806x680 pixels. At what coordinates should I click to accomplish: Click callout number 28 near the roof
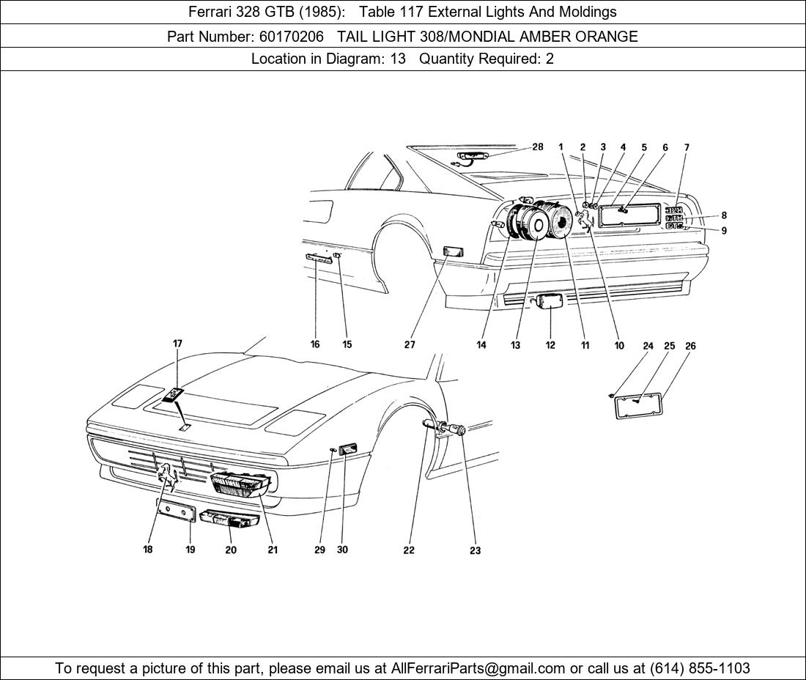coord(538,147)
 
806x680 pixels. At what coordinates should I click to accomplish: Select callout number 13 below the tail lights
coord(516,345)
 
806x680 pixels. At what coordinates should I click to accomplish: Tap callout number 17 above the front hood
coord(177,343)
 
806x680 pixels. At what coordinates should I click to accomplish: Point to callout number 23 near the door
coord(475,550)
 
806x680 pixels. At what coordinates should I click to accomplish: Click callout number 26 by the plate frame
coord(690,346)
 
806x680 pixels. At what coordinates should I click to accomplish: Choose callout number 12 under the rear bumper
coord(550,345)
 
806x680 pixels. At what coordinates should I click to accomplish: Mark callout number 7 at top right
coord(687,147)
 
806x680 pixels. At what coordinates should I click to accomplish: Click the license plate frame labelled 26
coord(638,405)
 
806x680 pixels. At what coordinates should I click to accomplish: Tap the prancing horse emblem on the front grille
coord(168,478)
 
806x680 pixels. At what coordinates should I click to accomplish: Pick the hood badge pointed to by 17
coord(173,396)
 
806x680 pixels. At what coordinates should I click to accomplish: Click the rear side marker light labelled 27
coord(453,253)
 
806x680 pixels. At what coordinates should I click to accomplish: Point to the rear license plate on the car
coord(628,216)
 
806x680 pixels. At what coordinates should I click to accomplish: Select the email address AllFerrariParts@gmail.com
coord(478,668)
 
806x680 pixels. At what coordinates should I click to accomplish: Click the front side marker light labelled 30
coord(347,448)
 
